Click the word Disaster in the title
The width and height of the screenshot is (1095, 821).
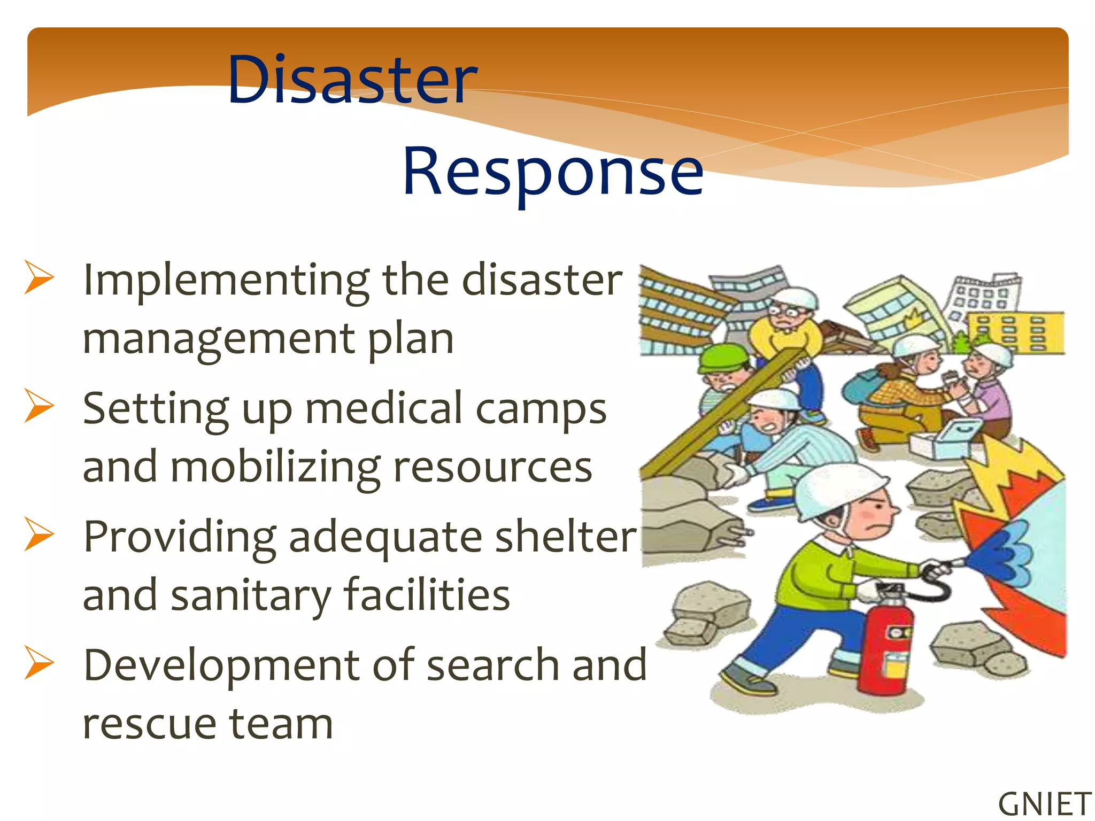pyautogui.click(x=351, y=80)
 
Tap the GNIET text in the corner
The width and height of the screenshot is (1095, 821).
pyautogui.click(x=1044, y=804)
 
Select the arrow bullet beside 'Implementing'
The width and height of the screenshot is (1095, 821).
pyautogui.click(x=39, y=277)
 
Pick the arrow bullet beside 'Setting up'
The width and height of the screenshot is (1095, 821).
pyautogui.click(x=39, y=406)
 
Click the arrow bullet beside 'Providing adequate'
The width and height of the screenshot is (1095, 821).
pyautogui.click(x=39, y=534)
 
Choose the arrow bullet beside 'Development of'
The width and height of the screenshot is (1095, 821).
pyautogui.click(x=39, y=663)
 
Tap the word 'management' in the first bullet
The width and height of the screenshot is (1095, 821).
pyautogui.click(x=219, y=339)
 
